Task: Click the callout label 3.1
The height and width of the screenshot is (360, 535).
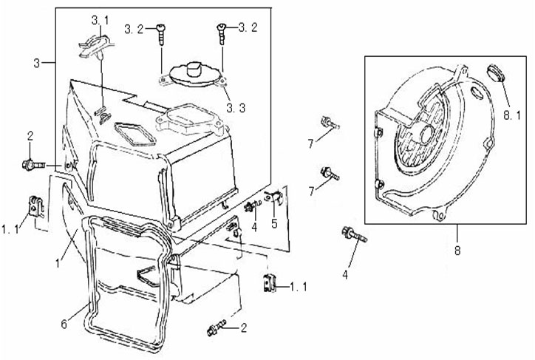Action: click(100, 18)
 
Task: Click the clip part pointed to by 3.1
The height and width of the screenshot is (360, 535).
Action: click(88, 47)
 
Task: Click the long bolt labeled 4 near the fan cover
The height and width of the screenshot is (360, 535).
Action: click(352, 237)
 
